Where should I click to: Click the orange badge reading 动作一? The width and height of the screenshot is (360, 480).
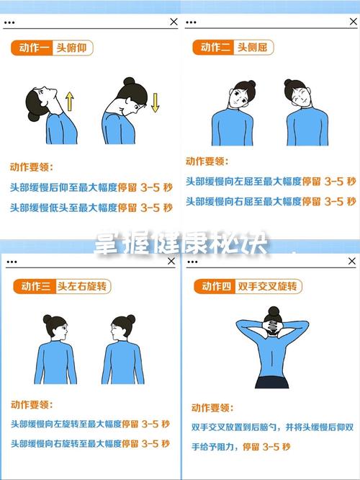pyautogui.click(x=32, y=48)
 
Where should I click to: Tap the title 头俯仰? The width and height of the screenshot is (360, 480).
pyautogui.click(x=74, y=48)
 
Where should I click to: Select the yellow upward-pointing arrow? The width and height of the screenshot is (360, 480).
pyautogui.click(x=70, y=100)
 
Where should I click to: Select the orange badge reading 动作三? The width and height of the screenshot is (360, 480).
pyautogui.click(x=32, y=287)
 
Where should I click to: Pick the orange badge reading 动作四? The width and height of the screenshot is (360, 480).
pyautogui.click(x=214, y=287)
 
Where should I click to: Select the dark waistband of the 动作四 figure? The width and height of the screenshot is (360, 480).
pyautogui.click(x=272, y=382)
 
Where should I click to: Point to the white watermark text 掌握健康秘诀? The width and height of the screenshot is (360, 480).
pyautogui.click(x=180, y=246)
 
